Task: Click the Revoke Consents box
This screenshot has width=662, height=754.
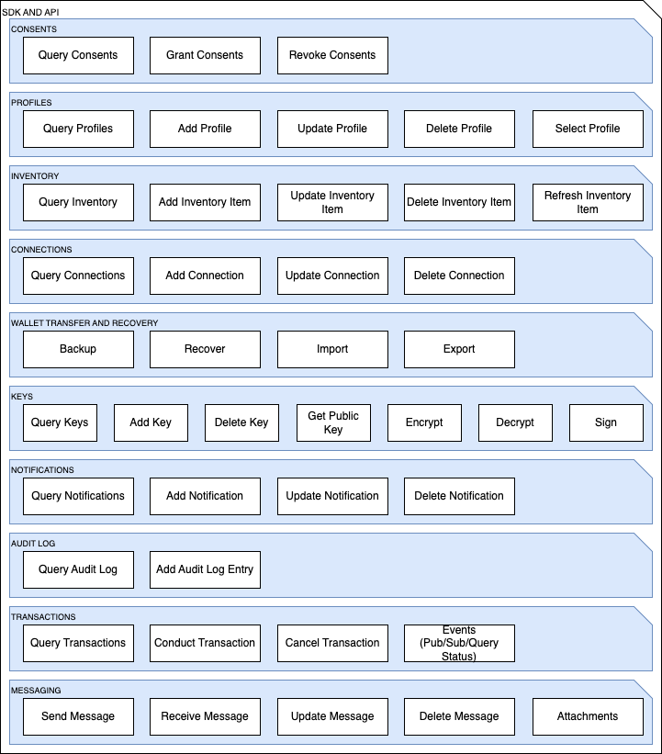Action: [332, 55]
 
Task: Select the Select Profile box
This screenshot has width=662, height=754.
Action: [588, 129]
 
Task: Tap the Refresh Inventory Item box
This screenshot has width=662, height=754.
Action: [588, 202]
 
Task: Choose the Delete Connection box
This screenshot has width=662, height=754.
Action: [459, 276]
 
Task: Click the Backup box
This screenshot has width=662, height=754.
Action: [78, 349]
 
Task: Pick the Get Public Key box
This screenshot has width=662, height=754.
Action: [333, 422]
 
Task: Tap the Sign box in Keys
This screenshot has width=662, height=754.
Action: [606, 422]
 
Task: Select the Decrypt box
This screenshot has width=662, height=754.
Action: [515, 422]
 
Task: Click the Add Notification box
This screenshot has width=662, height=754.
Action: [206, 496]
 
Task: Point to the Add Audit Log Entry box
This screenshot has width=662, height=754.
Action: [206, 569]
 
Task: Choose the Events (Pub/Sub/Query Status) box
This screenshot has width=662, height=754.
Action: [459, 644]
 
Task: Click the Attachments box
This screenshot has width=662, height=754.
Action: [588, 716]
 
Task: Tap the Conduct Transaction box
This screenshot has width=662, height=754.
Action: [206, 644]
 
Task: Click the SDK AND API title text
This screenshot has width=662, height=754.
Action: [31, 12]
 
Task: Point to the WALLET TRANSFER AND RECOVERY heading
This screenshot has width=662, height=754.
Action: [84, 323]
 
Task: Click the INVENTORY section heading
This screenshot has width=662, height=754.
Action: [35, 176]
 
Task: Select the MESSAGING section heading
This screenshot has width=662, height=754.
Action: [36, 691]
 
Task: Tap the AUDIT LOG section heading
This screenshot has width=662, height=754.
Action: [33, 544]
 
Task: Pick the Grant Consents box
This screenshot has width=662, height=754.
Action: [206, 55]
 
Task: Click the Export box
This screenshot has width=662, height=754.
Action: [459, 349]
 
